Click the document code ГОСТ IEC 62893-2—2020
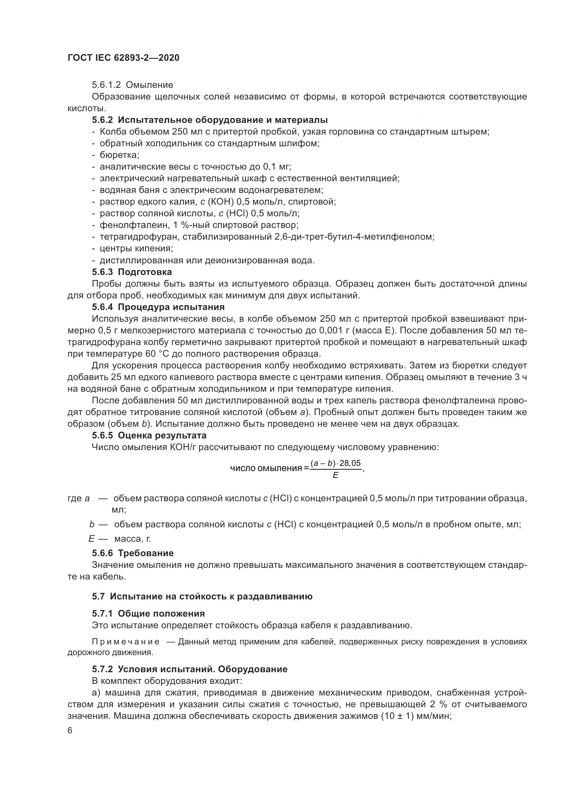[123, 58]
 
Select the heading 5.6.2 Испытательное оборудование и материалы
[210, 120]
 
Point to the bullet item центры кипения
[136, 248]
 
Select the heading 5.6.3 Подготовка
[132, 272]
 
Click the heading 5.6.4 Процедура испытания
[158, 307]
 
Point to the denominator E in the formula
[336, 475]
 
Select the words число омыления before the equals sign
[266, 468]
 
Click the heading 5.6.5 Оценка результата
[149, 435]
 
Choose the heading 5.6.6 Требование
[133, 553]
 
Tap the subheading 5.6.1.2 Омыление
[132, 85]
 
